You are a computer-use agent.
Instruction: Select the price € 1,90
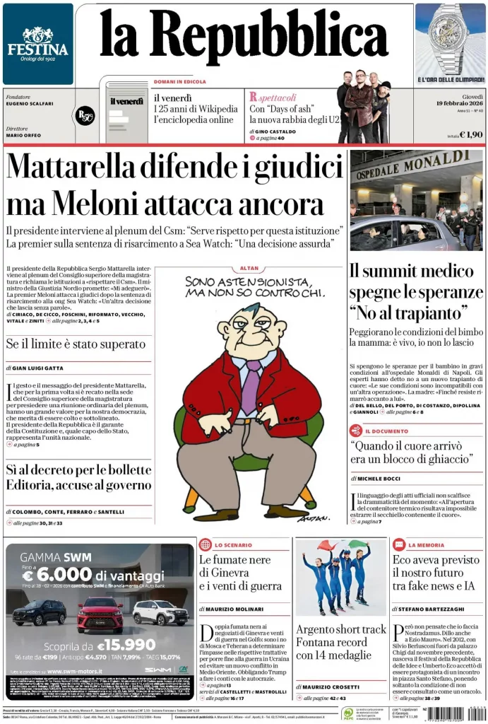click(471, 134)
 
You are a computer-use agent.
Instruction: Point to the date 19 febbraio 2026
click(460, 103)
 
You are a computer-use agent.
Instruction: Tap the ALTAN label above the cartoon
click(249, 269)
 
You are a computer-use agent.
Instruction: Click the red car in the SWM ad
click(100, 614)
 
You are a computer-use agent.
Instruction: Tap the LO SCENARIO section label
click(233, 545)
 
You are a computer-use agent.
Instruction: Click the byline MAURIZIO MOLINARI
click(239, 609)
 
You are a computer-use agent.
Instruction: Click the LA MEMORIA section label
click(427, 545)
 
